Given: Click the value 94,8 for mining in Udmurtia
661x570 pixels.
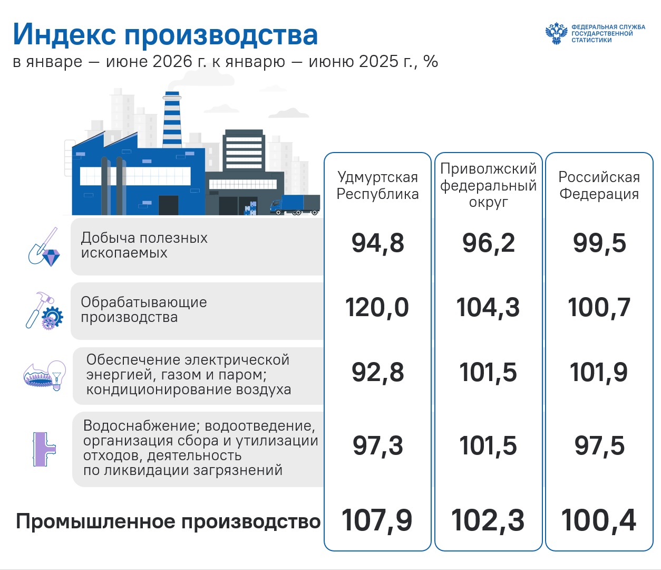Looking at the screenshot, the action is pos(377,243).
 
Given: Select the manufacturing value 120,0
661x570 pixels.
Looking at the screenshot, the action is pos(377,307).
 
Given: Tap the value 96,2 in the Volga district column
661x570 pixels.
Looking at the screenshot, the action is pos(489,243).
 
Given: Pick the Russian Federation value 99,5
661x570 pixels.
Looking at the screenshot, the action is pos(599,243).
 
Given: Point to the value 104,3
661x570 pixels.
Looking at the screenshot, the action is pos(488,307).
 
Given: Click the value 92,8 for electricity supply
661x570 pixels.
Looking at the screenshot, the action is pos(377,373).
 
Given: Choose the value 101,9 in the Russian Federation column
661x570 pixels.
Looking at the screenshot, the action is pos(599,373).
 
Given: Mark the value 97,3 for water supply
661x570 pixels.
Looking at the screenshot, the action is pos(377,446).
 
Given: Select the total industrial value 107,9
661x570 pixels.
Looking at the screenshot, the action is pos(377,520).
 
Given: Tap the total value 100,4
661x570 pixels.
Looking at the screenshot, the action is pos(598,520).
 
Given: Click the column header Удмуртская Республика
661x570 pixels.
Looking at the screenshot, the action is pos(377,186).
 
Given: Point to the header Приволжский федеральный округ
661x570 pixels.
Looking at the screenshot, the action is pos(488,185).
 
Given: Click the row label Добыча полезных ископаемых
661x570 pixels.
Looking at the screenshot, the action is pos(144,245).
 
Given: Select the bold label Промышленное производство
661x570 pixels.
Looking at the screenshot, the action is pos(168,521).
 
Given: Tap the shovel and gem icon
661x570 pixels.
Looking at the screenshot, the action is pos(44,247).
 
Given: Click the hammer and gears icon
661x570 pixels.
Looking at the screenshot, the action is pos(44,311).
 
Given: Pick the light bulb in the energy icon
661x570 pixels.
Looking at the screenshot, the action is pos(57,375).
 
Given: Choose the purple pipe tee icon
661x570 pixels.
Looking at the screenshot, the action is pos(44,449).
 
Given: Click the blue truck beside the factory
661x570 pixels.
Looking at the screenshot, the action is pos(295,205).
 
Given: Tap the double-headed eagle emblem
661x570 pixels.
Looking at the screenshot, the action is pos(557,33).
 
